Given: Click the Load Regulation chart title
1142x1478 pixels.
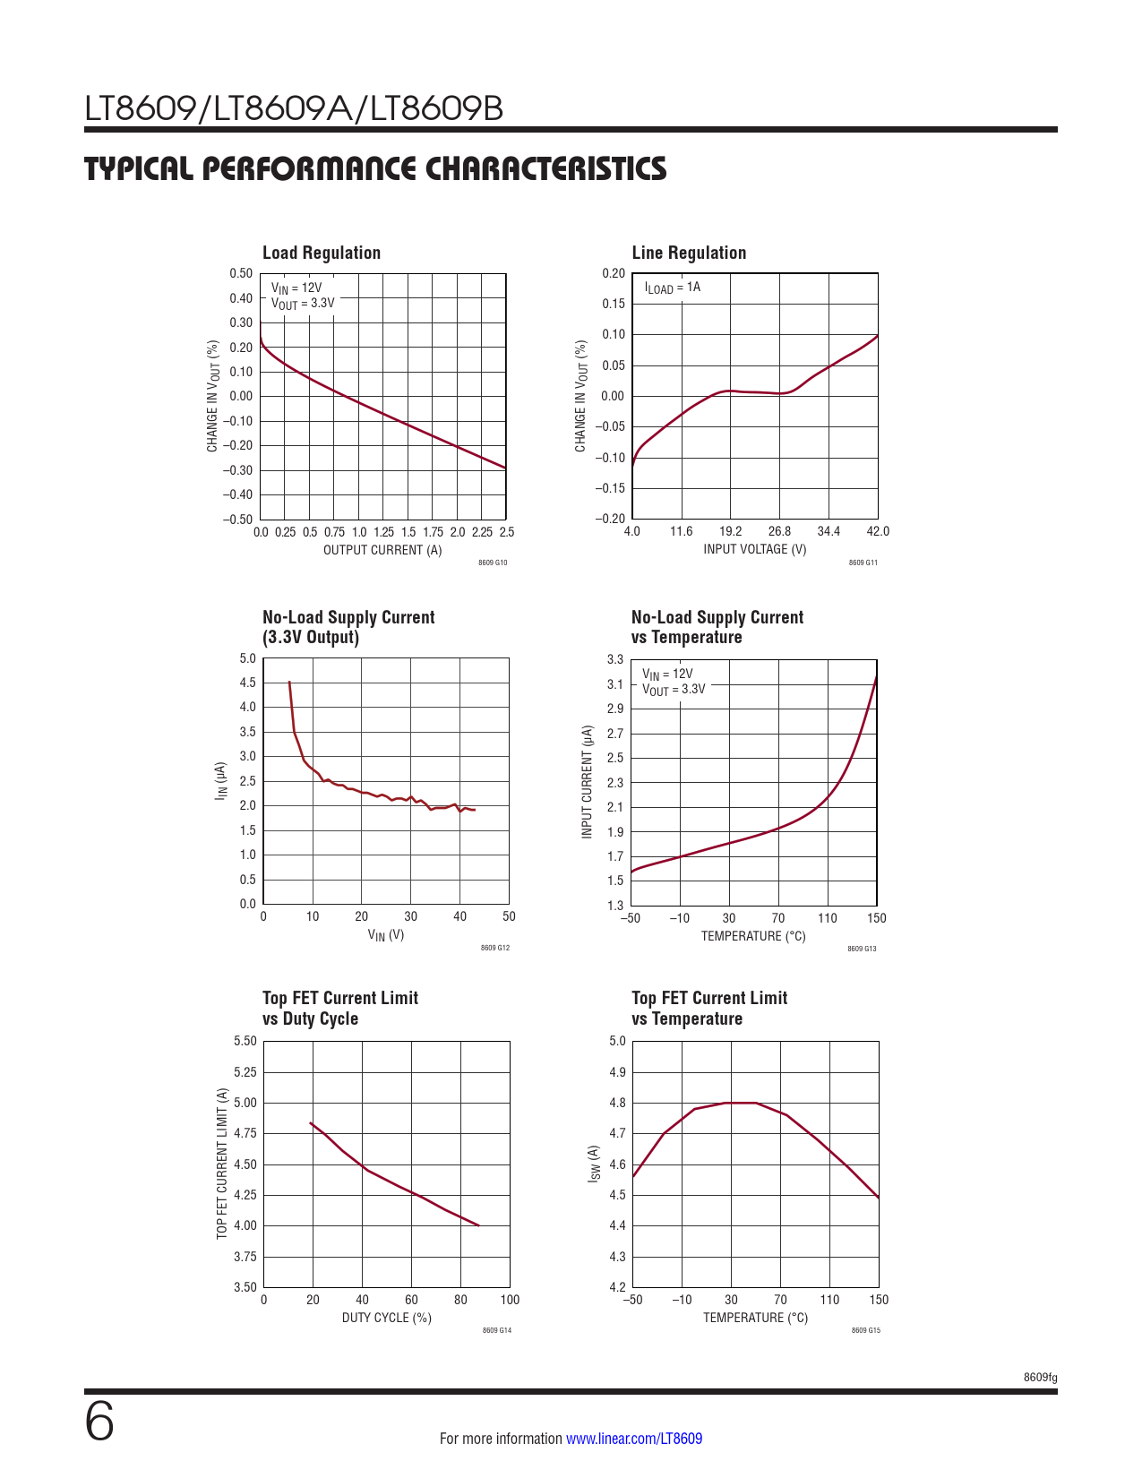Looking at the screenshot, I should coord(322,253).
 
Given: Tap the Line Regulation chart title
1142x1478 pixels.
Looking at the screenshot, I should coord(689,253).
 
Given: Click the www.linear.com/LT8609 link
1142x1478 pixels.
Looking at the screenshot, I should coord(634,1439).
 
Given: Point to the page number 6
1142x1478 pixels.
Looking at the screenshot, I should coord(99,1422).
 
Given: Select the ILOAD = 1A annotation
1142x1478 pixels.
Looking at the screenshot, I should coord(672,288).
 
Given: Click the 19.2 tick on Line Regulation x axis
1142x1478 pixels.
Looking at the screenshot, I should coord(730,531).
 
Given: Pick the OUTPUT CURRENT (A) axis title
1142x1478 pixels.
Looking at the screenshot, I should coord(382,550).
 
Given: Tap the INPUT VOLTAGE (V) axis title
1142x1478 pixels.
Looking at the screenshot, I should coord(754,549).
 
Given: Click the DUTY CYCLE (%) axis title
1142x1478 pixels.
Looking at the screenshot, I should coord(386,1318).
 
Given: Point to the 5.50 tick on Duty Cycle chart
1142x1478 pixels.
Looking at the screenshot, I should coord(245,1041).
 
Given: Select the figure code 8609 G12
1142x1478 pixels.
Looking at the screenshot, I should coord(494,948).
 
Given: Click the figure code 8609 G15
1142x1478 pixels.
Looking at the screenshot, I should coord(865,1330).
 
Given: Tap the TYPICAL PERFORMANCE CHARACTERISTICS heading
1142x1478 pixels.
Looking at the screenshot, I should coord(375,168).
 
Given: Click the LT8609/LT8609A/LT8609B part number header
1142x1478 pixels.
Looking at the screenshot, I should coord(294,109).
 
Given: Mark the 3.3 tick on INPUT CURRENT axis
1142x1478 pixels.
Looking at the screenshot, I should coord(614,659).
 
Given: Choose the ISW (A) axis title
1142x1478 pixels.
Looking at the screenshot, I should coord(593,1164).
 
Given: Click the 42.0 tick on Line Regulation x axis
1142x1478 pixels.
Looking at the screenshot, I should coord(878,531).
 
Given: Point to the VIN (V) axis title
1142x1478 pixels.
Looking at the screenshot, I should coord(386,935).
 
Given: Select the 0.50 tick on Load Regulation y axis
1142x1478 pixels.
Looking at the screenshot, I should coord(241,274).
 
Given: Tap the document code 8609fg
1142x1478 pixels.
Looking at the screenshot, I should coord(1040,1377).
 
